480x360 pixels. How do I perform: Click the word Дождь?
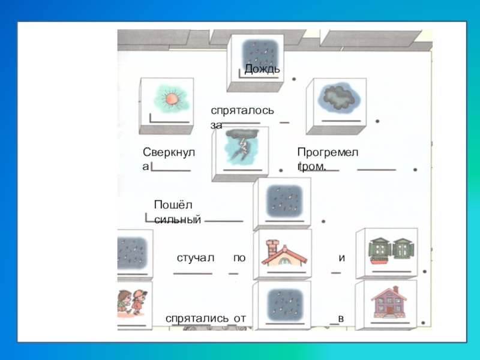click(x=262, y=69)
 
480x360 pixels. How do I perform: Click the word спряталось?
click(x=242, y=111)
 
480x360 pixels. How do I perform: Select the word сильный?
click(x=177, y=220)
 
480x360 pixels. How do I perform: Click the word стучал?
click(x=196, y=257)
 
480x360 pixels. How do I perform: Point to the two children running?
click(x=133, y=302)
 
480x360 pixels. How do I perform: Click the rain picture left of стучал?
click(x=133, y=250)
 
